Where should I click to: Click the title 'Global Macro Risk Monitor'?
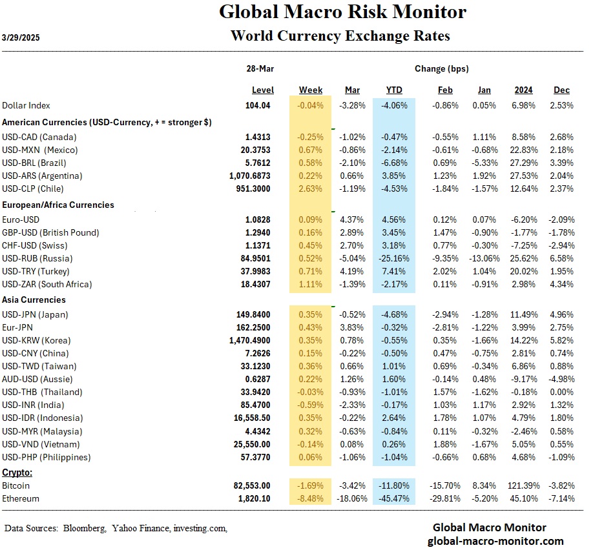coord(342,12)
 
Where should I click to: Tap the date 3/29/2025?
coord(21,37)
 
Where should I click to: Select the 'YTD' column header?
coord(394,90)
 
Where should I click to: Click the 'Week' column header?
coord(311,90)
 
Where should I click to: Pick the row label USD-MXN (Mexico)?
coord(39,150)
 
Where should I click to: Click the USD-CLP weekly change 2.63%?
coord(311,188)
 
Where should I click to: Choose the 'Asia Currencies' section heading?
coord(34,300)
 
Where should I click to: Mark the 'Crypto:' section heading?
coord(18,473)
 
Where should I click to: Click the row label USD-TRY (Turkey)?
coord(36,271)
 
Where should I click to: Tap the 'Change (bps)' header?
coord(441,68)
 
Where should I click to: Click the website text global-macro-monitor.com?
coord(495,541)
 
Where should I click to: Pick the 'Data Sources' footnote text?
coord(116,528)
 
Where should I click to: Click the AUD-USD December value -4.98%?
coord(561,379)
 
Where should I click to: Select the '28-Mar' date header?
coord(262,68)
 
